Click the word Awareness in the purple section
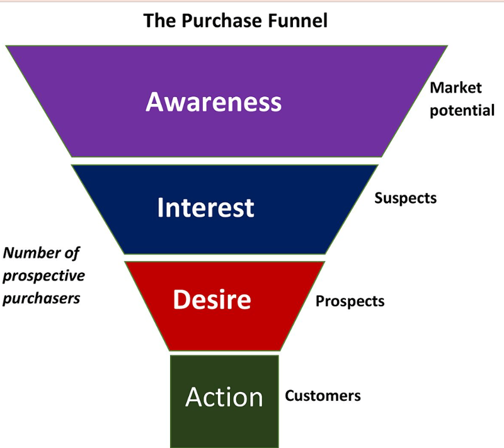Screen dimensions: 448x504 [x=214, y=101]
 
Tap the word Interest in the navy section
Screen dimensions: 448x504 [x=205, y=207]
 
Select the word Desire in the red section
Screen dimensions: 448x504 [x=212, y=300]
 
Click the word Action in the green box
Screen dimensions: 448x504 [x=224, y=397]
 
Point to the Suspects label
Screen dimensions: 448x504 [x=405, y=198]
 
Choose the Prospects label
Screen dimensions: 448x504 [x=350, y=301]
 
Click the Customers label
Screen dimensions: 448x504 [x=323, y=396]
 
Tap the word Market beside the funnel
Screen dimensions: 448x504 [x=455, y=88]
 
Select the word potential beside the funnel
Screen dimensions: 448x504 [x=462, y=110]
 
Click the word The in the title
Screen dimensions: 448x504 [x=157, y=21]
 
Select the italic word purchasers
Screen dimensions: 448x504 [x=42, y=297]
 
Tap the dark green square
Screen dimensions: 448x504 [x=224, y=428]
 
